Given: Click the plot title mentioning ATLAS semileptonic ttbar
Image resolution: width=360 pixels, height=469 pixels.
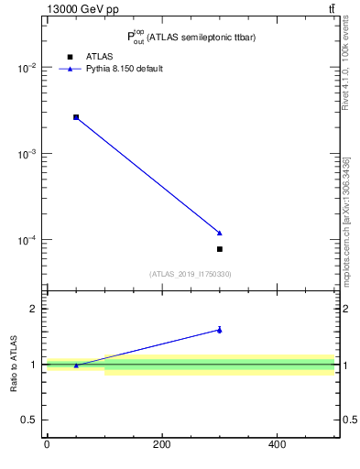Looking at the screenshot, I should pyautogui.click(x=191, y=38).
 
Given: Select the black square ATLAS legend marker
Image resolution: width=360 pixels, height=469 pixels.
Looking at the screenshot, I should pyautogui.click(x=70, y=57).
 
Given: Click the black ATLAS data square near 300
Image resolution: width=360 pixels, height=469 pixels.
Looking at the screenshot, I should pyautogui.click(x=220, y=249).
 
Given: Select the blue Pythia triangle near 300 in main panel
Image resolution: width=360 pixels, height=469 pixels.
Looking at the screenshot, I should pyautogui.click(x=220, y=233).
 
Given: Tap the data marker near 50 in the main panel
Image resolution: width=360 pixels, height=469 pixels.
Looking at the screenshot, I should pyautogui.click(x=76, y=117).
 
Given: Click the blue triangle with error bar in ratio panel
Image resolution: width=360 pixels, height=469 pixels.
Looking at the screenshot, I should pyautogui.click(x=220, y=330).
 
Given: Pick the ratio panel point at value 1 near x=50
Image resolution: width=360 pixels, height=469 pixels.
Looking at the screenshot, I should pyautogui.click(x=76, y=365).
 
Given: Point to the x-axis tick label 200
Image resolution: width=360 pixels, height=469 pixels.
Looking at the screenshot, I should pyautogui.click(x=162, y=445).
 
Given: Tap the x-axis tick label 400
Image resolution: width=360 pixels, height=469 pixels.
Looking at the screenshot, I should pyautogui.click(x=277, y=445).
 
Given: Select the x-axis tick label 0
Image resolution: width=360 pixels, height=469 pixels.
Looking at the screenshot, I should pyautogui.click(x=47, y=445).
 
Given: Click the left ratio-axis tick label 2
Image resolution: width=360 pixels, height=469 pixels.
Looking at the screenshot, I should pyautogui.click(x=32, y=309).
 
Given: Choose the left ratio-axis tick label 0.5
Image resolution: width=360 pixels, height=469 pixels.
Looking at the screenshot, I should pyautogui.click(x=27, y=420).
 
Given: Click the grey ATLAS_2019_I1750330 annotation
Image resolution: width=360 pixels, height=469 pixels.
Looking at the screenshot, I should pyautogui.click(x=191, y=274).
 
